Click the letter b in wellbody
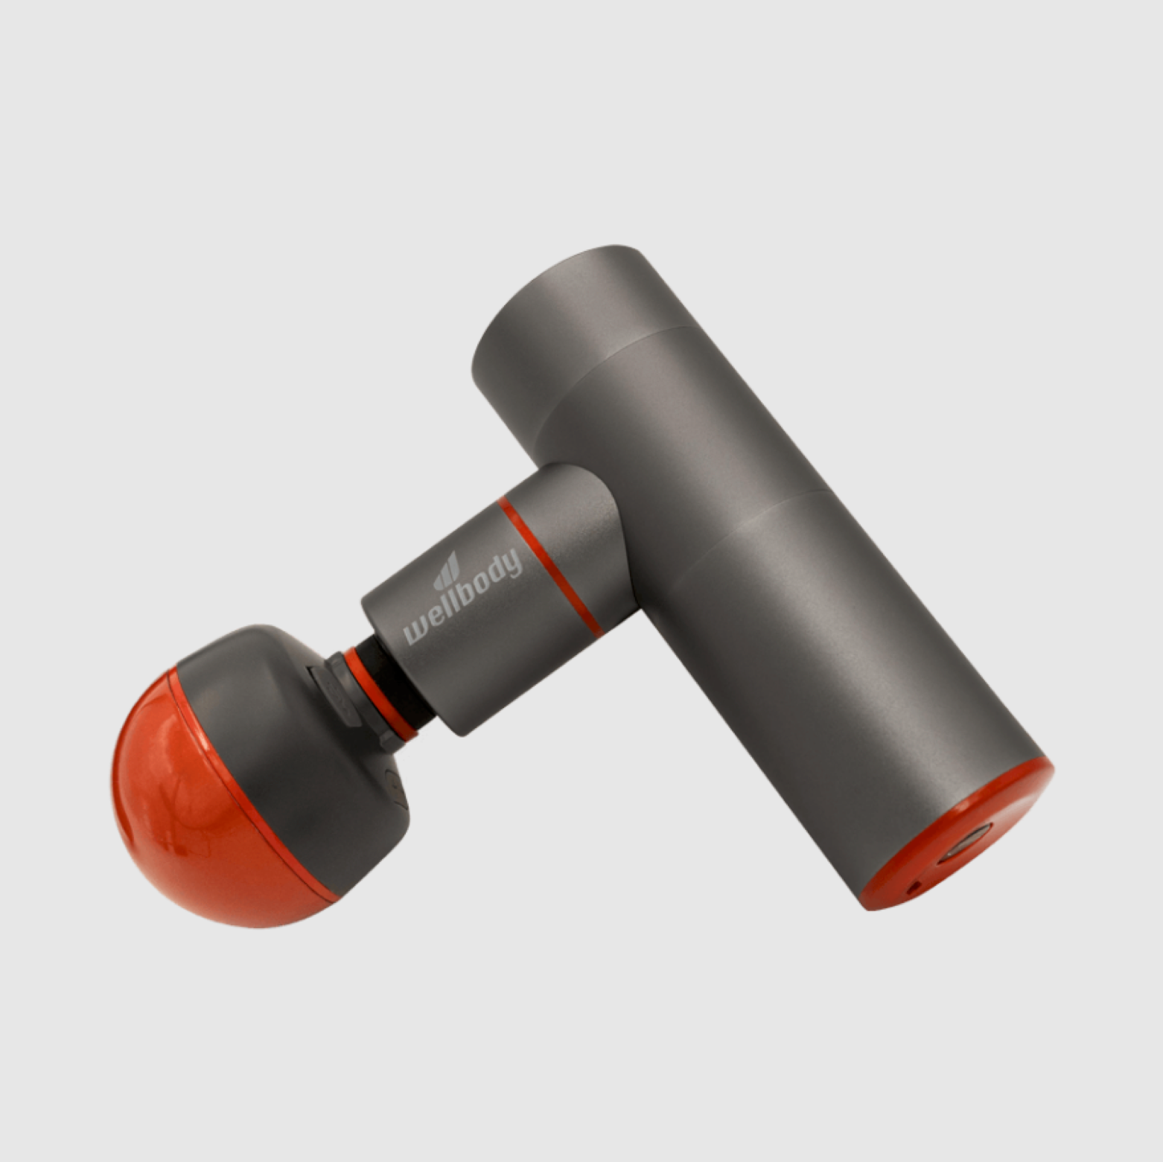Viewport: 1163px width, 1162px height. (x=468, y=594)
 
